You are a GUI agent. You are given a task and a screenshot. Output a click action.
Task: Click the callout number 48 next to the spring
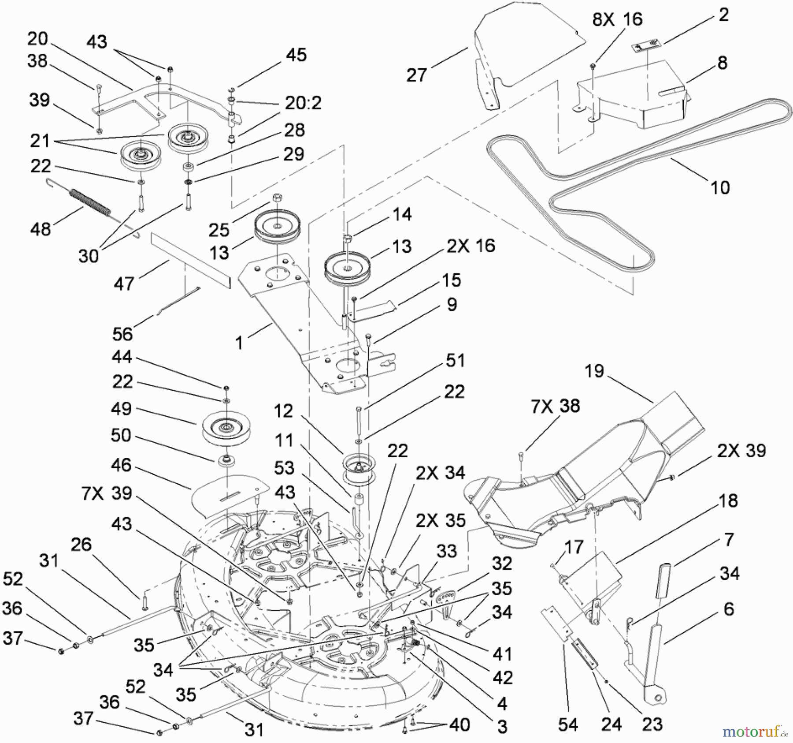41,229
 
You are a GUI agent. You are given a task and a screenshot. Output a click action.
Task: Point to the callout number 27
416,75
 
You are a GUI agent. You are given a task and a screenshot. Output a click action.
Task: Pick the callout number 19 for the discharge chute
594,371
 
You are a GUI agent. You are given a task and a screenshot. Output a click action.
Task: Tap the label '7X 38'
555,406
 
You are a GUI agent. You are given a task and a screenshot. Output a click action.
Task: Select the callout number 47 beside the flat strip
123,284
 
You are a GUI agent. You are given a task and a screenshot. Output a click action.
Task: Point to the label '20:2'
303,103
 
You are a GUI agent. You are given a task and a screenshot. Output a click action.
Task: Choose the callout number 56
122,334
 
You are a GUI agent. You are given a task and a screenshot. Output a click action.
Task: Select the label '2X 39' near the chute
741,451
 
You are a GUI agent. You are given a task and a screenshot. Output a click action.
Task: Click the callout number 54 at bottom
567,724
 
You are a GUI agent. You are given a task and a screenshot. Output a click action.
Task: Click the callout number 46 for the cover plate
121,465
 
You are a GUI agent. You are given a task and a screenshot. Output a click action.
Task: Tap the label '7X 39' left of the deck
106,493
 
